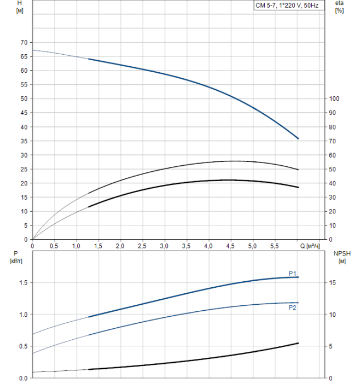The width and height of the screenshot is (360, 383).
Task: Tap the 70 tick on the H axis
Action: (x=24, y=42)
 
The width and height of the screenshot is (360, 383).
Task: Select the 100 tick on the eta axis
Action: (x=335, y=98)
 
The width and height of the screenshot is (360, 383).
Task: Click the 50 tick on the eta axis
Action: (x=333, y=169)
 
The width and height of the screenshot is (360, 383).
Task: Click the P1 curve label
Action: (x=293, y=273)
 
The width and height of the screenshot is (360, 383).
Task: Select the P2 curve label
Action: (x=293, y=308)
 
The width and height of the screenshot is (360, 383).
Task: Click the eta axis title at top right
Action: (x=339, y=4)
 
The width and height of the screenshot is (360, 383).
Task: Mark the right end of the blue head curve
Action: (x=298, y=138)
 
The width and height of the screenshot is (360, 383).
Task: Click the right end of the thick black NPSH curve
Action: (x=298, y=343)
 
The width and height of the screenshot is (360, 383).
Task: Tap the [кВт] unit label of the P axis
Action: (x=15, y=260)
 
